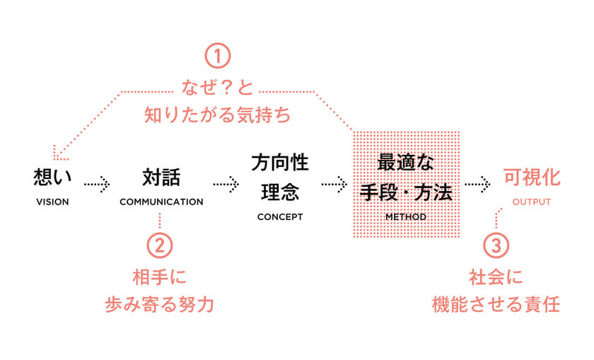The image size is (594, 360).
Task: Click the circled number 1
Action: pos(218,57)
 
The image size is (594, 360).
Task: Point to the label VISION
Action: pos(52,202)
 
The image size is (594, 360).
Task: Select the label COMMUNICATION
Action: pos(161,202)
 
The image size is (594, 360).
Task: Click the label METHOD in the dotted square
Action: pos(405,216)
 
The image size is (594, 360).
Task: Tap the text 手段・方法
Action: pos(405,192)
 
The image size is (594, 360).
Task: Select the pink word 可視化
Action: pos(531,178)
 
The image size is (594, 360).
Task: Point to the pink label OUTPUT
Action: pos(531,202)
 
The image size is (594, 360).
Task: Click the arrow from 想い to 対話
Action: pos(97,184)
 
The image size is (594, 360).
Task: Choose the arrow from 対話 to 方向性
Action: pos(226,184)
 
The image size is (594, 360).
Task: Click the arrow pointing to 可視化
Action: pos(477,184)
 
